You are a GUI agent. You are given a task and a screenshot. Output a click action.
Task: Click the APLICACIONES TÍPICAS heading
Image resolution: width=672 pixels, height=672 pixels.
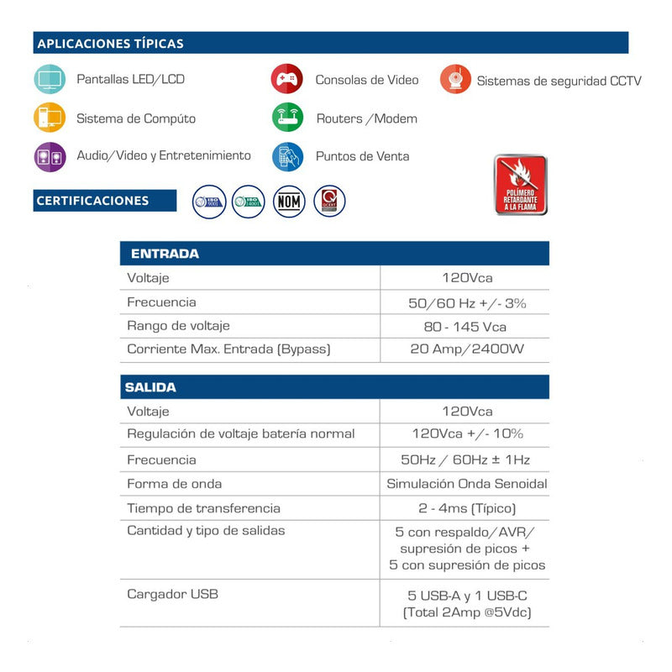(x=110, y=44)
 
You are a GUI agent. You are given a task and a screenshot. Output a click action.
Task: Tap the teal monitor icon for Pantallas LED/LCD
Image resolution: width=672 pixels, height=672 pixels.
(x=49, y=79)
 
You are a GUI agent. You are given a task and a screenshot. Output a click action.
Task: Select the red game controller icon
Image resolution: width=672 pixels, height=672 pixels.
(x=287, y=80)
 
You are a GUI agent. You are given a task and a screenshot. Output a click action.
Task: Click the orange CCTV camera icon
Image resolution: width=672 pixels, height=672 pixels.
(x=455, y=80)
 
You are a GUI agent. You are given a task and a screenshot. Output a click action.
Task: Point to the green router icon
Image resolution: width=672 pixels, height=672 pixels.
(x=287, y=118)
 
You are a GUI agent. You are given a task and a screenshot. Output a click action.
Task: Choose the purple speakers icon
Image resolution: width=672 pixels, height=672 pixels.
(x=49, y=156)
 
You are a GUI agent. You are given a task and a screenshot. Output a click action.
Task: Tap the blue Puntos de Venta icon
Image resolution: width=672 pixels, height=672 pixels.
(x=287, y=156)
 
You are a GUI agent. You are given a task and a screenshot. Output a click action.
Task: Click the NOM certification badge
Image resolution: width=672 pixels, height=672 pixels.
(x=290, y=202)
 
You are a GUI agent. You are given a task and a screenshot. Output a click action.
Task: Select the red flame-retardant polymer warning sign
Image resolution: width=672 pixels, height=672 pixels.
(x=520, y=185)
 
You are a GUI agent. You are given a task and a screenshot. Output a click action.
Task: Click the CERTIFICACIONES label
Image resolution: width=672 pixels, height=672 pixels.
(x=93, y=201)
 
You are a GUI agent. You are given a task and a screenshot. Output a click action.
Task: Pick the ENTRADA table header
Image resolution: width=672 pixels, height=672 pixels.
(x=165, y=254)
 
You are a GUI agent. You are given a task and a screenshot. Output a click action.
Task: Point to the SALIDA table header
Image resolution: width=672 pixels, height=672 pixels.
(x=150, y=387)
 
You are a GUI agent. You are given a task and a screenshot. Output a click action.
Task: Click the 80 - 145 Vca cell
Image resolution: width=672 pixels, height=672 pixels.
(x=465, y=326)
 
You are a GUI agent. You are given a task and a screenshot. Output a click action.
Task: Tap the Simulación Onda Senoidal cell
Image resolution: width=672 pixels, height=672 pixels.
(x=466, y=484)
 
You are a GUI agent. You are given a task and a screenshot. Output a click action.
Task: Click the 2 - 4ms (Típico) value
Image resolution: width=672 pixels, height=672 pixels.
(x=466, y=508)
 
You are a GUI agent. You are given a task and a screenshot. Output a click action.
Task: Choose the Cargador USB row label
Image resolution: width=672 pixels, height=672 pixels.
(x=172, y=594)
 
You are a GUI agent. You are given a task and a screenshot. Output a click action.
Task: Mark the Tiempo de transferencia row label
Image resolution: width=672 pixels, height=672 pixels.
(x=203, y=508)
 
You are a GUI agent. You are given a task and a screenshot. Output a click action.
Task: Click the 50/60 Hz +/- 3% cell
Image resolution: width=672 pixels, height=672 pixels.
(x=466, y=302)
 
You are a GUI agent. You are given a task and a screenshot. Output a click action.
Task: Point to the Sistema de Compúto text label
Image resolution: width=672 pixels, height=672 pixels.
(x=136, y=118)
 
